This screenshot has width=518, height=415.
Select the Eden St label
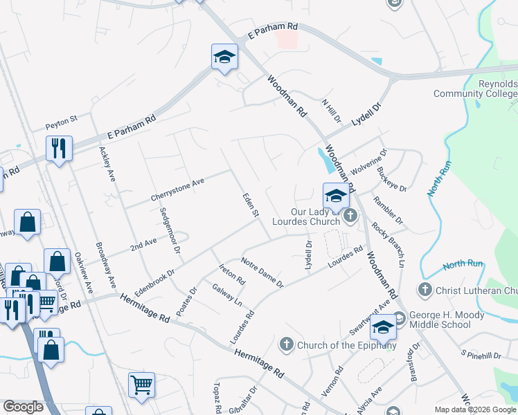tap(250, 206)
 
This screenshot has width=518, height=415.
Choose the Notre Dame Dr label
tap(262, 273)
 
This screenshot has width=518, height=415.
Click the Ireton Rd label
tap(232, 275)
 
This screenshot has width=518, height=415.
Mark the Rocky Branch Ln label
tap(387, 244)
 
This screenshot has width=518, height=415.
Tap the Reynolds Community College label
tap(475, 89)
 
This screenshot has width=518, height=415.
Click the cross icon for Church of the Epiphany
tap(287, 344)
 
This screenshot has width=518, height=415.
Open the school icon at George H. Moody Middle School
tap(383, 327)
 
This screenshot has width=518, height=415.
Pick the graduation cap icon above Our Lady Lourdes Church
tap(336, 195)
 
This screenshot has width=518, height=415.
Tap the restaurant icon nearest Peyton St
tap(59, 148)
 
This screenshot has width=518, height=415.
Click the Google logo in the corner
tap(23, 407)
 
